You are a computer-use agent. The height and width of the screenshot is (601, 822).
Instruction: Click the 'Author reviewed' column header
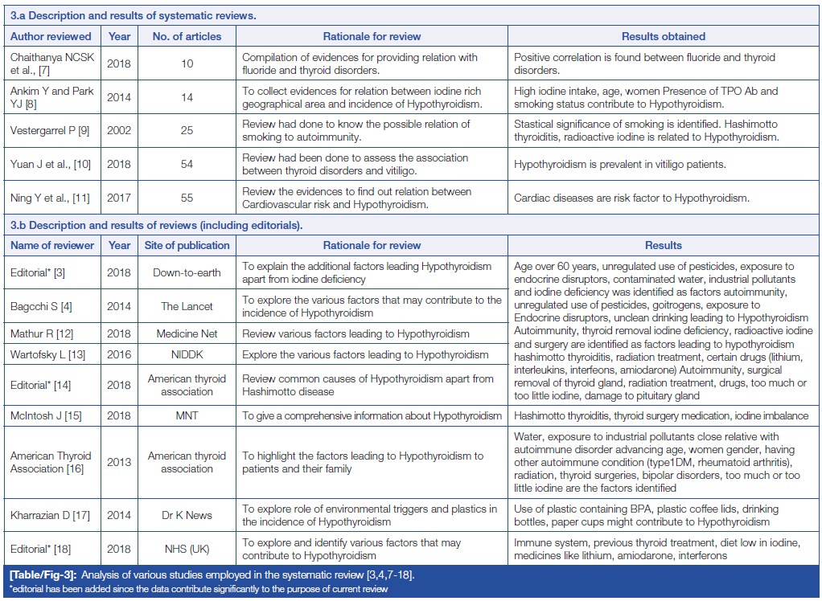click(x=51, y=36)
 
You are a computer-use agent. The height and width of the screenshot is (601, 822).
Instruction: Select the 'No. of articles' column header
click(x=187, y=36)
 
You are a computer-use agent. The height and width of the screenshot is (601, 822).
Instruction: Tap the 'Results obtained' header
click(x=663, y=36)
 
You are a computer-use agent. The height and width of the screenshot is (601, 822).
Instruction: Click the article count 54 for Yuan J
click(x=187, y=165)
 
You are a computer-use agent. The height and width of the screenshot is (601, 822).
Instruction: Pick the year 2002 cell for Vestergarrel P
click(x=119, y=131)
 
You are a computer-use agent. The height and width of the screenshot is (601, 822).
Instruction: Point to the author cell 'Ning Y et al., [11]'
click(x=49, y=198)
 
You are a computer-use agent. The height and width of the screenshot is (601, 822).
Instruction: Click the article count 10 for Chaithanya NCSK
click(x=187, y=64)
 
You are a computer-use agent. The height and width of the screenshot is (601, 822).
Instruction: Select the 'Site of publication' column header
click(x=187, y=245)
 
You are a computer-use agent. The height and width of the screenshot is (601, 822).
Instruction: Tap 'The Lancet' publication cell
click(x=187, y=306)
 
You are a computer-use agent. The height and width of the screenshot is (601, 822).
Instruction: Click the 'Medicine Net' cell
click(x=187, y=333)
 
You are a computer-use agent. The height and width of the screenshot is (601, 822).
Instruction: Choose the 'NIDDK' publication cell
click(x=187, y=354)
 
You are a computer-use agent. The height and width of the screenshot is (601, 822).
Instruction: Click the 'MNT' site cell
click(x=187, y=415)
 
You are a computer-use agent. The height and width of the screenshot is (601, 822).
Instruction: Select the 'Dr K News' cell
click(x=187, y=515)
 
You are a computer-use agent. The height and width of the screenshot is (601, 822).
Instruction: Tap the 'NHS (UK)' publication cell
click(x=187, y=549)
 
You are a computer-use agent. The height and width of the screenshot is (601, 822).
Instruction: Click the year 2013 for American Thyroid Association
click(x=119, y=462)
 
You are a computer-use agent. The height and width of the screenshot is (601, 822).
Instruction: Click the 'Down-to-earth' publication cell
click(x=187, y=272)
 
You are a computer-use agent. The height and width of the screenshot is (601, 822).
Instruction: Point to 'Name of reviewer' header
click(x=52, y=245)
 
